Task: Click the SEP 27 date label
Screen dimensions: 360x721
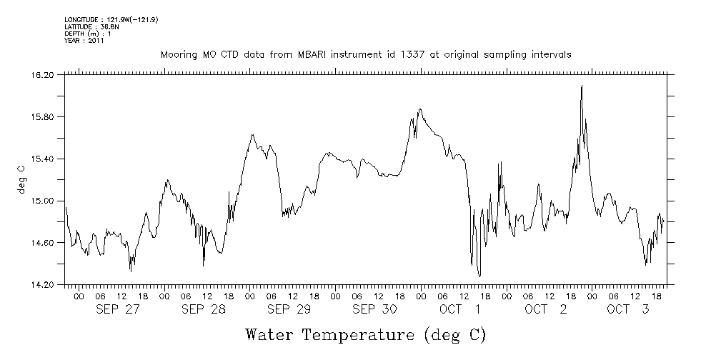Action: pos(117,309)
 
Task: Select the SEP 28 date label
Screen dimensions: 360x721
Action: pos(203,309)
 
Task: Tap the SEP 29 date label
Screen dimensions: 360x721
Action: pos(289,309)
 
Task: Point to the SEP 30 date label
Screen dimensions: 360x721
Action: pos(374,309)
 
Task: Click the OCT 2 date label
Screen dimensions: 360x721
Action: pos(546,309)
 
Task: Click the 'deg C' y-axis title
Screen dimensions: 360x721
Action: pos(21,179)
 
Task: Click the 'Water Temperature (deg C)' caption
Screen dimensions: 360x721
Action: pos(367,334)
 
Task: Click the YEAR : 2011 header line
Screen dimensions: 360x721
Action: pos(84,41)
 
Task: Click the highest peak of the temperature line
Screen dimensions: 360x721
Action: pos(582,86)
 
